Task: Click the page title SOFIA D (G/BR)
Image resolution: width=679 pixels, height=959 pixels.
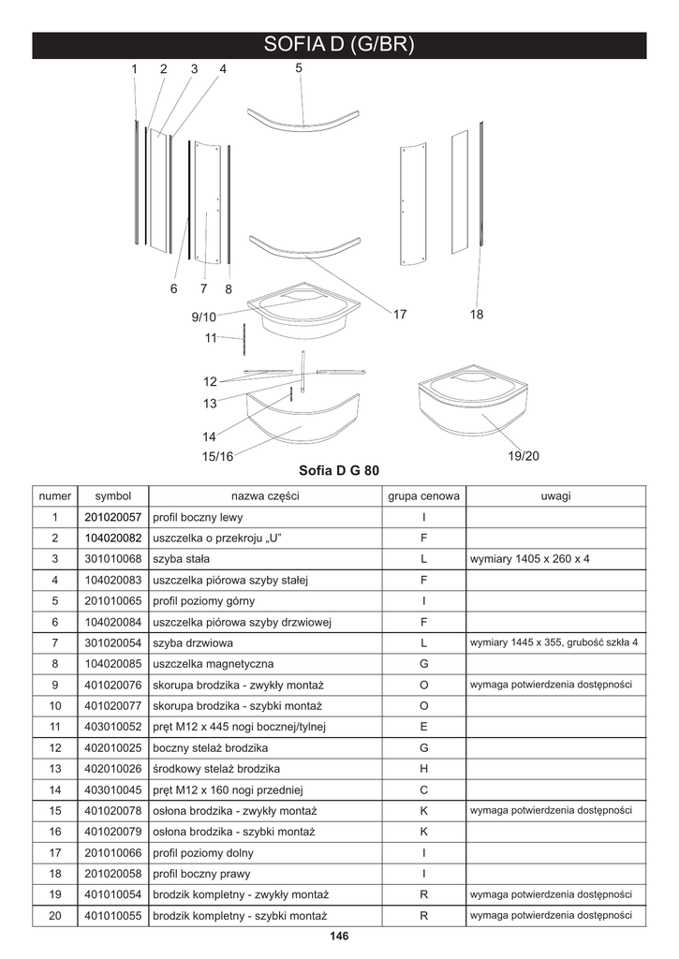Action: click(x=339, y=45)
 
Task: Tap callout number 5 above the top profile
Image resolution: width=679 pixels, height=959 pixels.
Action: click(x=299, y=68)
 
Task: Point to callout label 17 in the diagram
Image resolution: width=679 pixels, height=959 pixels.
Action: click(x=400, y=315)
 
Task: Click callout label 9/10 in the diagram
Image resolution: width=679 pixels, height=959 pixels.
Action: click(x=203, y=317)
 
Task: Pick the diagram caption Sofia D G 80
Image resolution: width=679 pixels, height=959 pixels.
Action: click(x=338, y=470)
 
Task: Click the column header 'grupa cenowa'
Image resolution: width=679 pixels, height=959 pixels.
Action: click(x=423, y=495)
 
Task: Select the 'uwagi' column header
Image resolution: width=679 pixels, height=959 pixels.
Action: click(x=555, y=495)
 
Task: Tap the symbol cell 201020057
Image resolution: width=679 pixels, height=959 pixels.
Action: click(x=112, y=517)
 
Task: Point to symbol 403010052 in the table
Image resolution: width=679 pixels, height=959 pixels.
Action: click(x=112, y=727)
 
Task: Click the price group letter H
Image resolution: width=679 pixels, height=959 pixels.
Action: click(x=423, y=769)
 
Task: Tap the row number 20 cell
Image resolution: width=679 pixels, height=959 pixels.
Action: click(x=55, y=916)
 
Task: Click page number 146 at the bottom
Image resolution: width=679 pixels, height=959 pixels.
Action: click(x=339, y=937)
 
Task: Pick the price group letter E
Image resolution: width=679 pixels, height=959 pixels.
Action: click(x=423, y=727)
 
